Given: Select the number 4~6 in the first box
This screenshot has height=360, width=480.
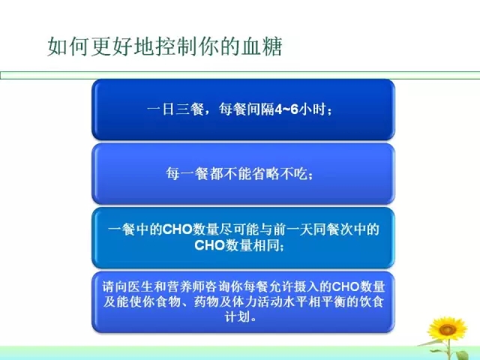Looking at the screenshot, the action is coord(286,109).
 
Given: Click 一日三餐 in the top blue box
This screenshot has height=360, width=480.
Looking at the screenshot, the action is coord(175,109).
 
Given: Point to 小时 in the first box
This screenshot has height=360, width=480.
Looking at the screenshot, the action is coord(312,109).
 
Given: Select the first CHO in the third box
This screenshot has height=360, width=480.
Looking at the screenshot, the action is coord(177,229).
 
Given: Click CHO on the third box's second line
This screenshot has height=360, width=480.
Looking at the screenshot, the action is coord(210,245).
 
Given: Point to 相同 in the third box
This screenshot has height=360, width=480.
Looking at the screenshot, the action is coord(265,245).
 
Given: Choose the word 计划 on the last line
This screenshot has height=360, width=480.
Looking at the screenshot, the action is coord(237,316).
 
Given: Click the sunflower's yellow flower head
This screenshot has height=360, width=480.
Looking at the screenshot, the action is coord(447,329).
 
